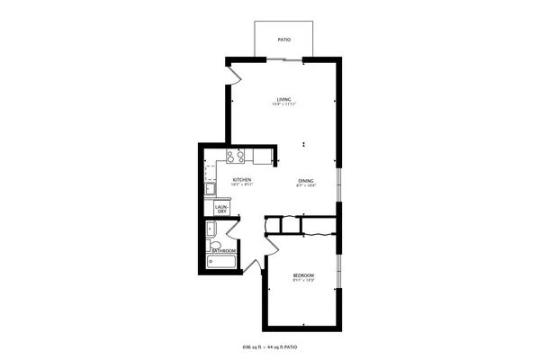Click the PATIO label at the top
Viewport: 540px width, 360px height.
[x=283, y=40]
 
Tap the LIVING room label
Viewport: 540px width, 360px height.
[x=283, y=99]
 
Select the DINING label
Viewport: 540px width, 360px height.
[x=307, y=180]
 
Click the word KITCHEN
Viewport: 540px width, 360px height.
[x=242, y=180]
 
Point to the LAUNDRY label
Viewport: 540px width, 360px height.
[x=221, y=209]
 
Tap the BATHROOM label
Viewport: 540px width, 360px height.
[x=223, y=249]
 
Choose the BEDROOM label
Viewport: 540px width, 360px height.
[x=302, y=274]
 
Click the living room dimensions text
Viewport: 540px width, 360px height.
[x=284, y=104]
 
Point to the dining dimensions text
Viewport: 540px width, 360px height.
[x=307, y=185]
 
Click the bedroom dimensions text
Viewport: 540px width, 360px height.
[x=302, y=279]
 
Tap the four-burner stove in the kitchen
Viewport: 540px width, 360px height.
[x=236, y=157]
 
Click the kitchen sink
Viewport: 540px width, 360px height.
[x=209, y=189]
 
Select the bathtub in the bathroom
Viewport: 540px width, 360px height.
[x=220, y=263]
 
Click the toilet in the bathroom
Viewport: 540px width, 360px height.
[x=213, y=246]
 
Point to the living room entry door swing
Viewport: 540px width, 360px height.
[x=233, y=75]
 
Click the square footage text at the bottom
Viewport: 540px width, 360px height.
[x=270, y=346]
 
